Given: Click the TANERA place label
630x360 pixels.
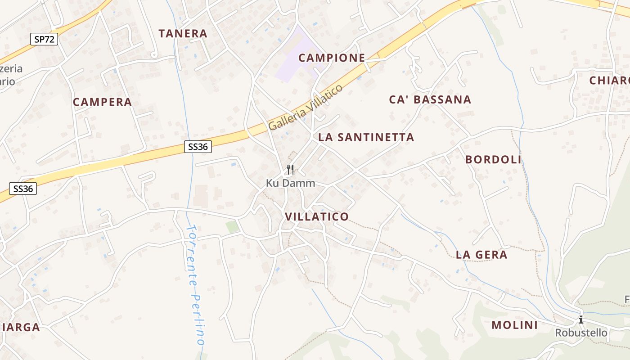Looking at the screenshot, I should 183,33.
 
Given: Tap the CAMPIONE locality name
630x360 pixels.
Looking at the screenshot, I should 332,58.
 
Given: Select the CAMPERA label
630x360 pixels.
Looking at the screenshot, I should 102,102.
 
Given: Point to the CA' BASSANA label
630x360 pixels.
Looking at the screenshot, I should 430,99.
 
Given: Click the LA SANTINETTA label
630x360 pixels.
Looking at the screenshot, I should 366,137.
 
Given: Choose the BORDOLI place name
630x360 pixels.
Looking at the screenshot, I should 493,159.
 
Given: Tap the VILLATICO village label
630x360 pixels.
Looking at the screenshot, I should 317,216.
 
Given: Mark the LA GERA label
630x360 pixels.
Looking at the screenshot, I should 481,255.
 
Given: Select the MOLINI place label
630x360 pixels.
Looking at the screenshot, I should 514,325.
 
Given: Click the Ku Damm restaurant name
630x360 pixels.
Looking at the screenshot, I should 290,183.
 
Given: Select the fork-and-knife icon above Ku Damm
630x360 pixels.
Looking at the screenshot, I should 290,170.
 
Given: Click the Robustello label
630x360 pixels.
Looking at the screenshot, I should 581,333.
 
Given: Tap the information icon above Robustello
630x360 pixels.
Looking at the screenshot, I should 581,320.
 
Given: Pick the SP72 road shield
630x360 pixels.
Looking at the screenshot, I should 44,39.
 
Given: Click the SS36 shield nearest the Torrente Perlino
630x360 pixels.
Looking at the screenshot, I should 198,146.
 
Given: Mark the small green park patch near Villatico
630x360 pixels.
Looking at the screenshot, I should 233,227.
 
